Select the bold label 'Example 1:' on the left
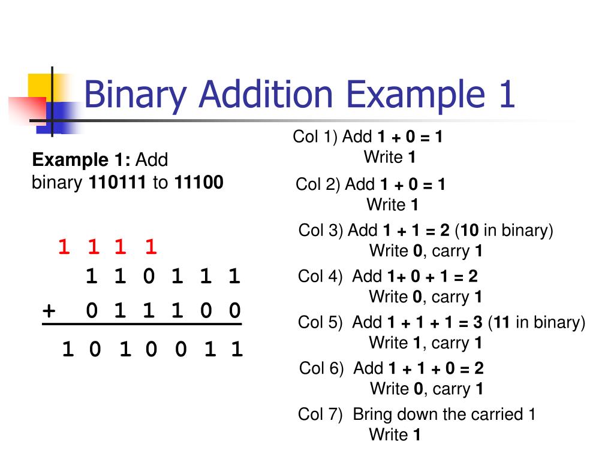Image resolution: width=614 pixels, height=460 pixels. click(81, 160)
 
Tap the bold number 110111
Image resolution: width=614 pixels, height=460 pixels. click(118, 183)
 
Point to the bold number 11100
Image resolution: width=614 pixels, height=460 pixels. click(198, 183)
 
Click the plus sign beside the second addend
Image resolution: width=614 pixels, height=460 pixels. click(49, 311)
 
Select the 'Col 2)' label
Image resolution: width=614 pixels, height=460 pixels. click(318, 184)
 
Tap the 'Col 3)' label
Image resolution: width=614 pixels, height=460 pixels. click(321, 230)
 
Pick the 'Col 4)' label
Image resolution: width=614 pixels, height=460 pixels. click(320, 276)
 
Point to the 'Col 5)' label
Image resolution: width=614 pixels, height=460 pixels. click(320, 322)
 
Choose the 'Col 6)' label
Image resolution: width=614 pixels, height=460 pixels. click(321, 368)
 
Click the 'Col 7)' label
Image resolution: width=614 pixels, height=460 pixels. click(320, 414)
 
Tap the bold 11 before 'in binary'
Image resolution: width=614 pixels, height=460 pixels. click(502, 322)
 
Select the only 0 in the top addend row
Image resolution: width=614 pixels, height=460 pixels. click(149, 277)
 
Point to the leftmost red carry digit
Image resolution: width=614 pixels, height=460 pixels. click(64, 246)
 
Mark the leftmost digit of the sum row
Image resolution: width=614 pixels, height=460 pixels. click(68, 349)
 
